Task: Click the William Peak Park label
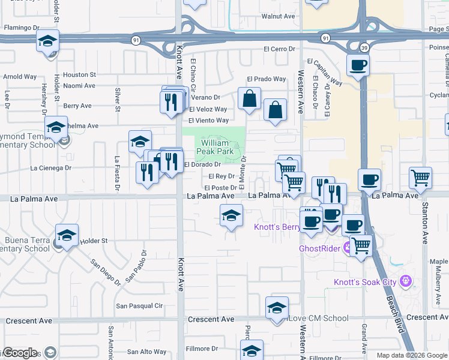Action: tap(215, 148)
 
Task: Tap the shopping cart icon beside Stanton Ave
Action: tap(420, 178)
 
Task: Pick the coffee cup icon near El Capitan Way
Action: tap(358, 65)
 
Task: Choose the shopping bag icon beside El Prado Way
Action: tap(249, 98)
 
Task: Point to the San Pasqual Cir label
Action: tap(139, 306)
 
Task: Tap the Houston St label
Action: tap(79, 75)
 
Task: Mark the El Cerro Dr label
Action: tap(280, 49)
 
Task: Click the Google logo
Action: tap(20, 353)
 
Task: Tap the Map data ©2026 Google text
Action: tap(412, 355)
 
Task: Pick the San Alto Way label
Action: tap(147, 352)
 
